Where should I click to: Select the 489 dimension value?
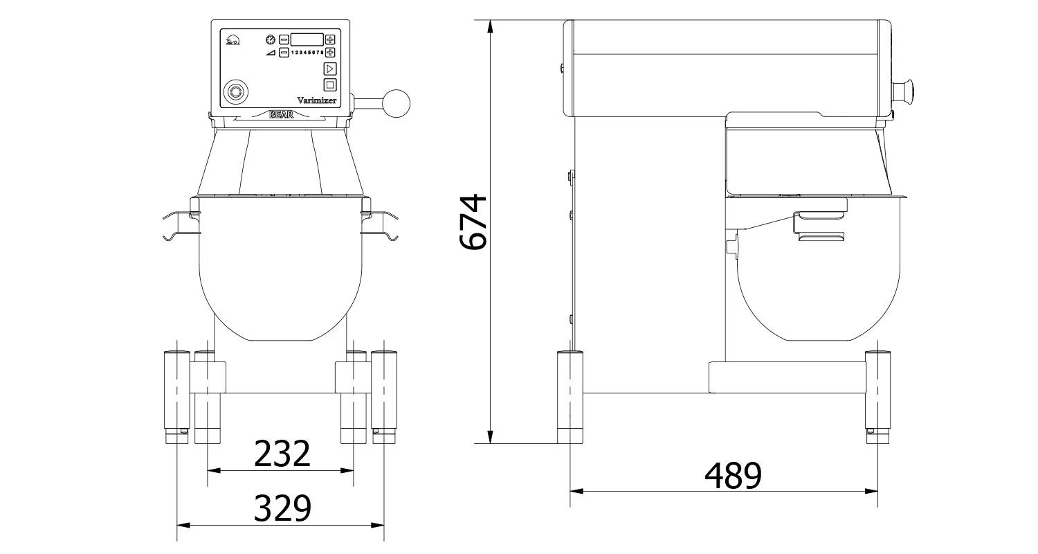(x=733, y=475)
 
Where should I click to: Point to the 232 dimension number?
(x=282, y=454)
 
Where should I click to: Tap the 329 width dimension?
(x=282, y=509)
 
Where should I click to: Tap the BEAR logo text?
(x=280, y=115)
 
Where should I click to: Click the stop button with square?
(x=330, y=85)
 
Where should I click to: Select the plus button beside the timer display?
(x=330, y=39)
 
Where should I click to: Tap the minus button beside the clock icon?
(x=284, y=39)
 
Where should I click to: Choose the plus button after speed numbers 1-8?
(x=330, y=53)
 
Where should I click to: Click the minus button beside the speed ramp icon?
(x=284, y=53)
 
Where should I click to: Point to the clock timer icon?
(x=270, y=39)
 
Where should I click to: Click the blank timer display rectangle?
(x=307, y=39)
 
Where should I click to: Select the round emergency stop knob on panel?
(x=235, y=91)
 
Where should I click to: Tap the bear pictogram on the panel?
(x=233, y=40)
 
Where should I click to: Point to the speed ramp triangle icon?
(x=270, y=53)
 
